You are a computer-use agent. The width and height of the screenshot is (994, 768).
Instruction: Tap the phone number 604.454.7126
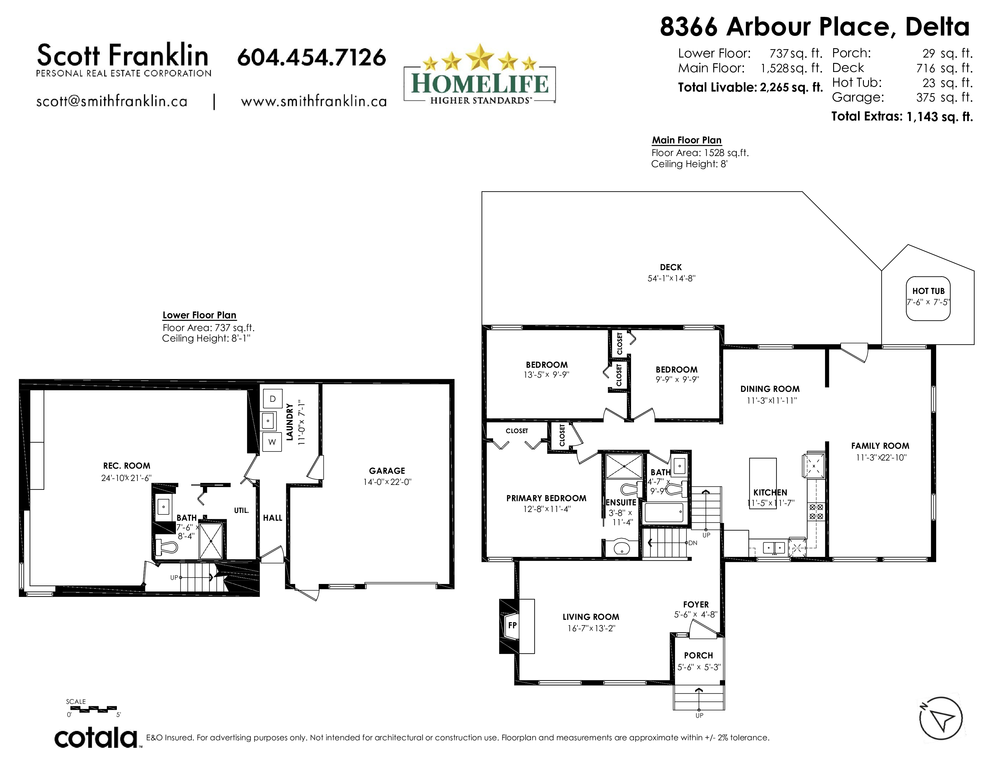click(x=312, y=57)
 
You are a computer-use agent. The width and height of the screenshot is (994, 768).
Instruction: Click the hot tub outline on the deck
click(x=928, y=298)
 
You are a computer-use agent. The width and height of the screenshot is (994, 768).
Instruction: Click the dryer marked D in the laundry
click(x=273, y=399)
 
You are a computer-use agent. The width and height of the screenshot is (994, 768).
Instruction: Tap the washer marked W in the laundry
click(x=272, y=442)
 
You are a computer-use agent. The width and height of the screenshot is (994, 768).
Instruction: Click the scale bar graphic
click(x=93, y=709)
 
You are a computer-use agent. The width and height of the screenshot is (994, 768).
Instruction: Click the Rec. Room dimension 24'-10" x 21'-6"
click(x=127, y=478)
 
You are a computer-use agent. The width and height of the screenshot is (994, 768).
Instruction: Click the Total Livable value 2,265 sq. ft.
click(x=791, y=87)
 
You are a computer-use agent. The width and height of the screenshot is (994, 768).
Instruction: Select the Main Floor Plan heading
click(x=687, y=140)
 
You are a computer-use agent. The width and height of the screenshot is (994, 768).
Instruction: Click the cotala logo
click(x=96, y=738)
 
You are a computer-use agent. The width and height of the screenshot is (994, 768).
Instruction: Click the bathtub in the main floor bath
click(x=664, y=513)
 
